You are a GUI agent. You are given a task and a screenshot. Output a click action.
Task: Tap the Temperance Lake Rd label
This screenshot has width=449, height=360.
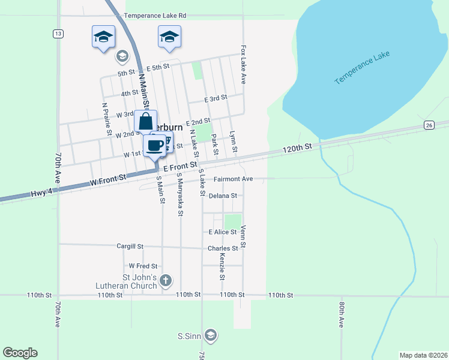[155, 16]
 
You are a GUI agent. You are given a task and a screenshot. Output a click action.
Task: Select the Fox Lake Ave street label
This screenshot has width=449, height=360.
[244, 64]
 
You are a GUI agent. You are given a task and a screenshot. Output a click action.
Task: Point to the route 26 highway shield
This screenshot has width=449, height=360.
[428, 125]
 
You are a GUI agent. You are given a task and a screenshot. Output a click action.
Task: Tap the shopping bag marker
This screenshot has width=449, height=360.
[146, 122]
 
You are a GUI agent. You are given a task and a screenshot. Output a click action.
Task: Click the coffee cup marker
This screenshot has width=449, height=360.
[155, 145]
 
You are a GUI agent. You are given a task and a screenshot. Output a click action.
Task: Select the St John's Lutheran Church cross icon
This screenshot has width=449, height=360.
[166, 280]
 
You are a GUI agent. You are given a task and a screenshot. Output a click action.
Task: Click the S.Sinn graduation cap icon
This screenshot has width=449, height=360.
[210, 335]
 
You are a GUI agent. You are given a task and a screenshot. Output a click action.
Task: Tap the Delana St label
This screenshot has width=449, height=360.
[223, 196]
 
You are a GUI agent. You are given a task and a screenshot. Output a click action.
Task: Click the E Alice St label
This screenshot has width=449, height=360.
[223, 232]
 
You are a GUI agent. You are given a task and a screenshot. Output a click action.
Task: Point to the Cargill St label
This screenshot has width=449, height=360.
[130, 246]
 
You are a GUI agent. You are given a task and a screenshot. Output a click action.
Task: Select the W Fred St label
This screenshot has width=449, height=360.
[143, 265]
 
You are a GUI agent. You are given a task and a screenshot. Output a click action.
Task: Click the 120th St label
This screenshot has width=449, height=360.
[298, 147]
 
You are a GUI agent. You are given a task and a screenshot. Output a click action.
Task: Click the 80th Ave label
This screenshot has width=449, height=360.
[341, 314]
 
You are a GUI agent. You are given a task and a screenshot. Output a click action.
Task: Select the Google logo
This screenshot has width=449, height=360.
[20, 353]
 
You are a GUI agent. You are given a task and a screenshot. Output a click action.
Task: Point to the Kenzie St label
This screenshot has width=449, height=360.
[222, 266]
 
